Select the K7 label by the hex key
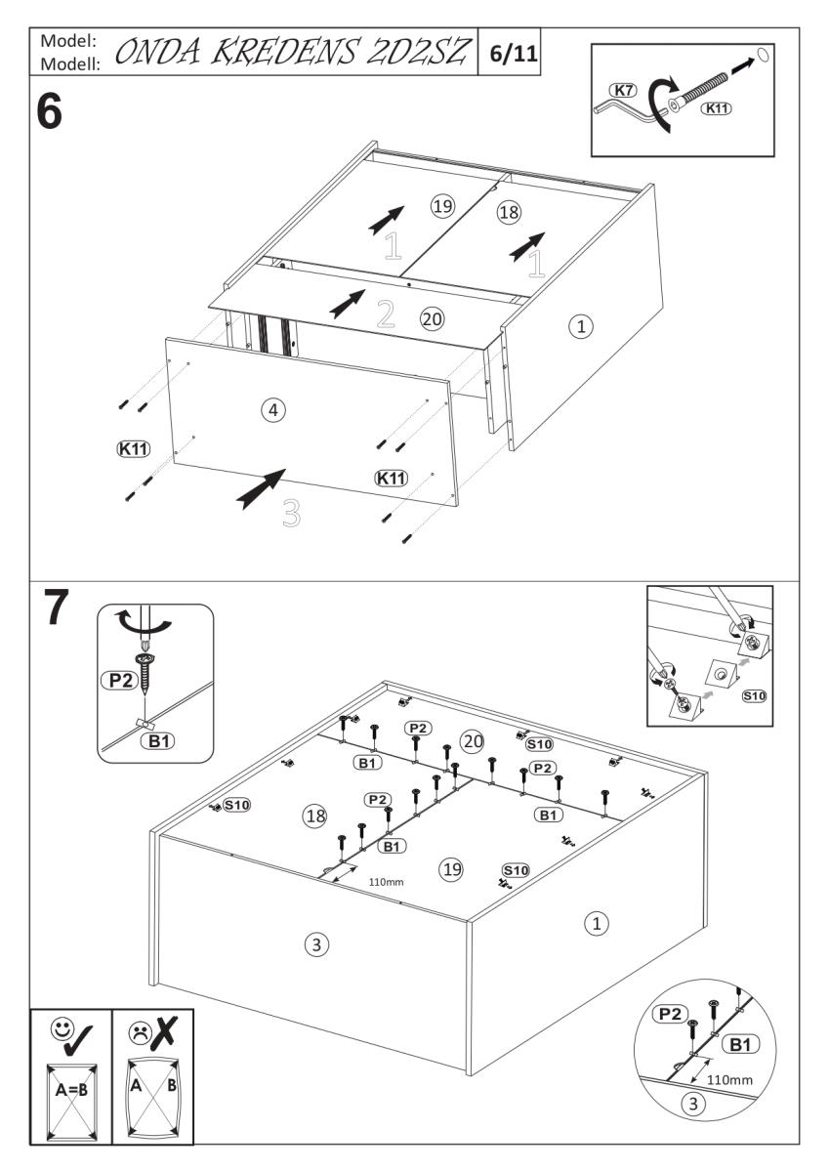tap(622, 90)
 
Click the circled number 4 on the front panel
tap(274, 411)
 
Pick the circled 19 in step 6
tap(443, 205)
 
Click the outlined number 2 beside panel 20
tap(386, 313)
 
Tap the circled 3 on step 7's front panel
tap(313, 944)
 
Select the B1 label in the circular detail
tap(739, 1045)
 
